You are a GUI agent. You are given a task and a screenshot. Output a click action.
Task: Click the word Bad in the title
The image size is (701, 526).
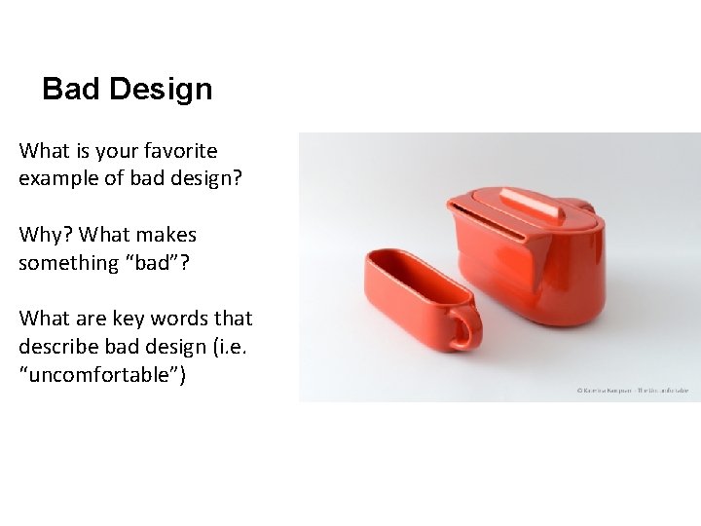(x=71, y=90)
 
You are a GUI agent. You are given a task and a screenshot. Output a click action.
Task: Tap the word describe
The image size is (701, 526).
(x=55, y=347)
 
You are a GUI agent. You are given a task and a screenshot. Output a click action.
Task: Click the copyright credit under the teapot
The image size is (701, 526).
(x=633, y=390)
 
